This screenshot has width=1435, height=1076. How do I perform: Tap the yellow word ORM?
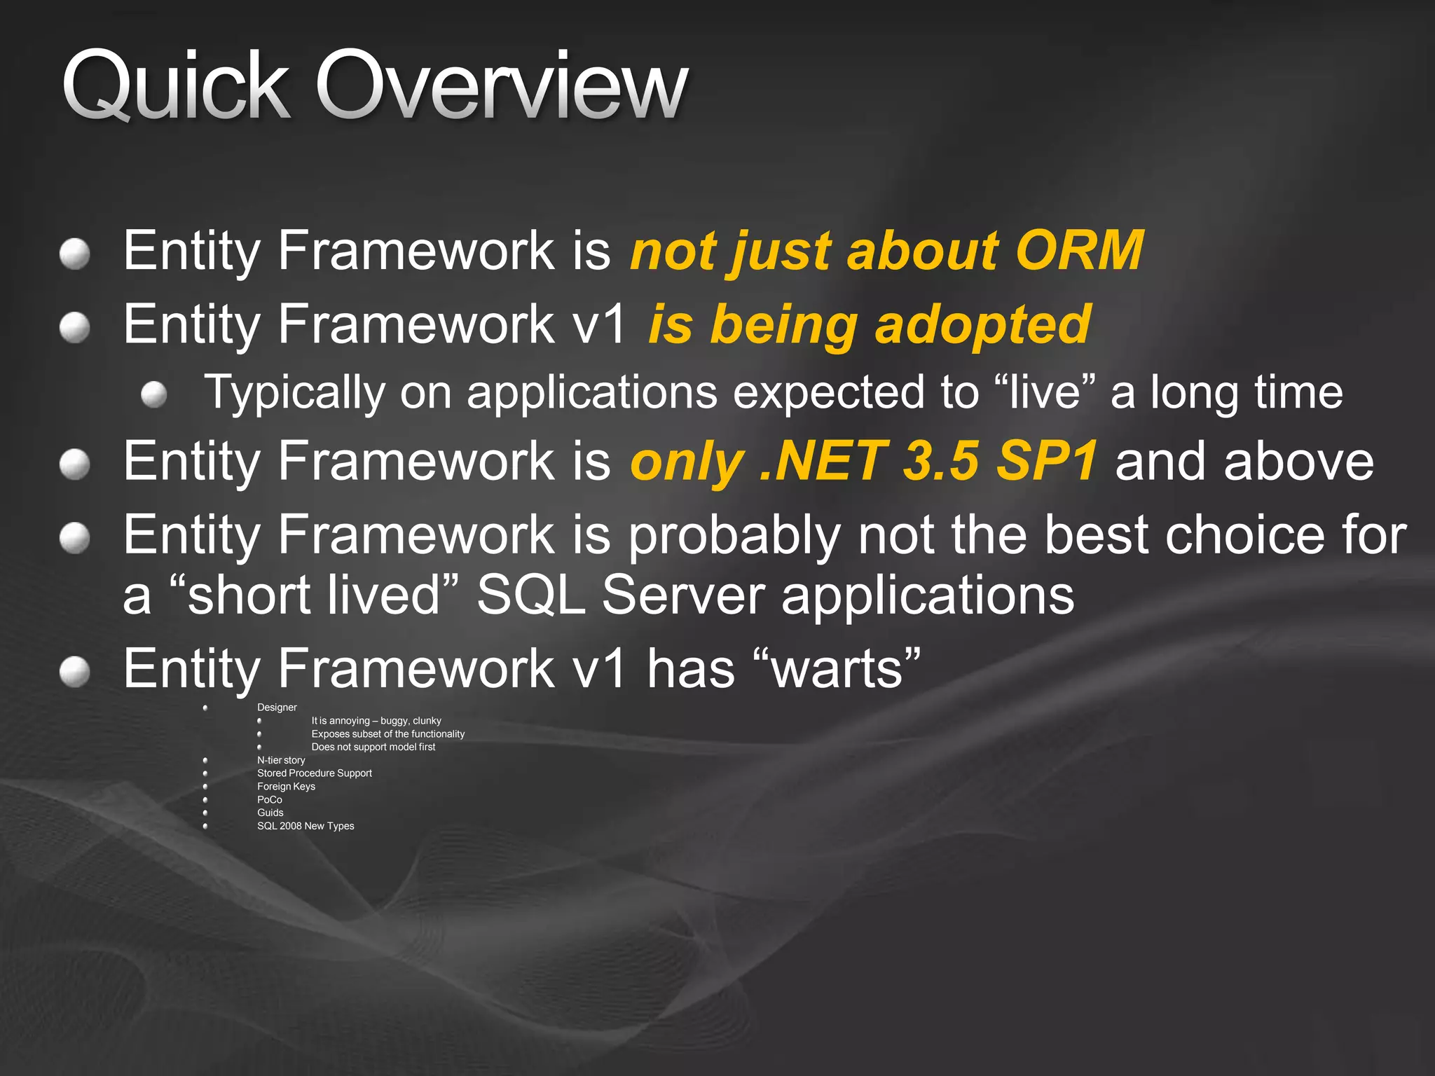coord(1079,251)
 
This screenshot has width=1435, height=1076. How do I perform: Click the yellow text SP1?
coord(1047,462)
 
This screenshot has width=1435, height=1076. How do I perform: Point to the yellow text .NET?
coord(823,462)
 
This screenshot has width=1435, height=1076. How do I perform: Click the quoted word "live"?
coord(1044,392)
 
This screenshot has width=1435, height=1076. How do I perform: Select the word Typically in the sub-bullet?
coord(294,393)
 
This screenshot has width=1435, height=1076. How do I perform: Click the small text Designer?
coord(277,708)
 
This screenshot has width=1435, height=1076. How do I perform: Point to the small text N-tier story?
coord(281,760)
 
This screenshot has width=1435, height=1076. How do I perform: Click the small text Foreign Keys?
coord(286,787)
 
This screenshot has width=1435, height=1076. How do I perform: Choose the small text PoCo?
coord(270,800)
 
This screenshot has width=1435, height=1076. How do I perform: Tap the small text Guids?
coord(270,813)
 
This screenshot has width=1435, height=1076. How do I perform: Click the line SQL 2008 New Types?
coord(305,826)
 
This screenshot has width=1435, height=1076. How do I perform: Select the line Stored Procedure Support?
coord(315,773)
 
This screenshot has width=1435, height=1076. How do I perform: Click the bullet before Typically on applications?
coord(153,394)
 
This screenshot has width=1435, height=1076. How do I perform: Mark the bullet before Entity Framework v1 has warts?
coord(74,672)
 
